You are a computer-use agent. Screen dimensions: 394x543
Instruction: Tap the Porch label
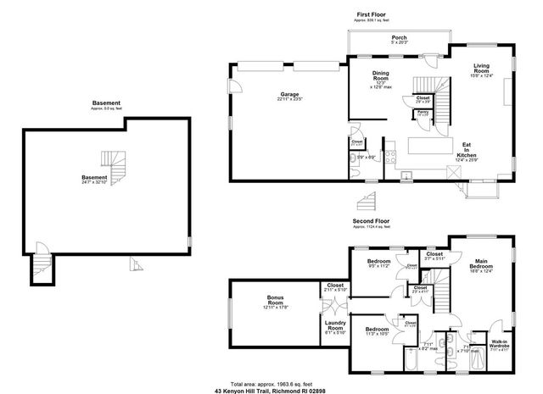coord(399,39)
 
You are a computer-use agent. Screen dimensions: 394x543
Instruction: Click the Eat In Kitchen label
coord(467,150)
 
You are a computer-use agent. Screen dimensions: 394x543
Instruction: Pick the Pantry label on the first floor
coord(422,110)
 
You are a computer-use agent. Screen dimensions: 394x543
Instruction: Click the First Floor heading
coord(371,14)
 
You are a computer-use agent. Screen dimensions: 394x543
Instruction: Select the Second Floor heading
coord(372,222)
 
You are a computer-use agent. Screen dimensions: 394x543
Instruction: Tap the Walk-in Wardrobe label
coord(500,344)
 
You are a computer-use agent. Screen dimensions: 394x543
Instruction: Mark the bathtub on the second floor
coord(411,359)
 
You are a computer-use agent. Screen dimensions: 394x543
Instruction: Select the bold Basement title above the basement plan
coord(107,103)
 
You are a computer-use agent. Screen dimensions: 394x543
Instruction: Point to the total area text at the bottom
coord(271,382)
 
